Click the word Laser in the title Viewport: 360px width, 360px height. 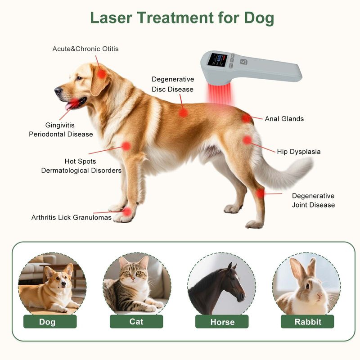pyautogui.click(x=111, y=18)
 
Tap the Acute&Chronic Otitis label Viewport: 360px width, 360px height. pyautogui.click(x=85, y=49)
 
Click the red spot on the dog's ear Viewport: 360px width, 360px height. pyautogui.click(x=102, y=74)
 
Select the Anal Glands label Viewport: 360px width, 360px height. pyautogui.click(x=284, y=119)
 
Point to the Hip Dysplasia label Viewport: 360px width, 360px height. pyautogui.click(x=299, y=152)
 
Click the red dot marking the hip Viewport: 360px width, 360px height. pyautogui.click(x=247, y=140)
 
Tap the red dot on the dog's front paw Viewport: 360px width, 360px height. pyautogui.click(x=127, y=211)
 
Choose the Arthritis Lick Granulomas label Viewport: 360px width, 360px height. pyautogui.click(x=72, y=217)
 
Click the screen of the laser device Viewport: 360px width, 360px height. pyautogui.click(x=217, y=60)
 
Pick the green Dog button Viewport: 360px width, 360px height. pyautogui.click(x=50, y=321)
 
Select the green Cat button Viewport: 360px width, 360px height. pyautogui.click(x=136, y=321)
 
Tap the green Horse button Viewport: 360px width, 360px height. pyautogui.click(x=222, y=321)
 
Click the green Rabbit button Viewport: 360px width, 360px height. pyautogui.click(x=307, y=321)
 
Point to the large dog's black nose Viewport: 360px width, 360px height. pyautogui.click(x=58, y=90)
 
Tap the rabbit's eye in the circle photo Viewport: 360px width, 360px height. pyautogui.click(x=307, y=286)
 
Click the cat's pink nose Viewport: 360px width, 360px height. pyautogui.click(x=133, y=278)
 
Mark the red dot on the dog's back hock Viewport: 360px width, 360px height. pyautogui.click(x=260, y=193)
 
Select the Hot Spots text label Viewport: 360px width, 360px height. pyautogui.click(x=81, y=162)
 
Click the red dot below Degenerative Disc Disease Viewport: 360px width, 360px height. pyautogui.click(x=183, y=113)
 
